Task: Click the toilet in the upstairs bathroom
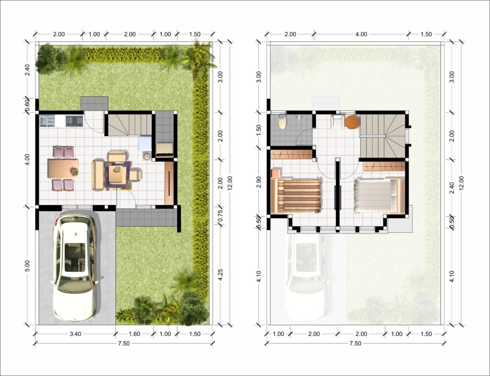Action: [x=282, y=122]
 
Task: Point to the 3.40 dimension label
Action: [x=75, y=334]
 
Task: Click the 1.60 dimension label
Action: [x=134, y=334]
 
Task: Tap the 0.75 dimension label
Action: [x=220, y=215]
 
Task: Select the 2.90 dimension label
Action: [x=259, y=182]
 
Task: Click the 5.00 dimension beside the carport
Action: [x=27, y=266]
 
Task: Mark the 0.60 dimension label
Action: [x=27, y=105]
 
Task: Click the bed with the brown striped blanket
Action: [x=296, y=196]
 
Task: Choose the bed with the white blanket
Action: [x=379, y=196]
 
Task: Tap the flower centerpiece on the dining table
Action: [x=74, y=172]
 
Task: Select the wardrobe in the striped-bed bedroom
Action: [x=291, y=154]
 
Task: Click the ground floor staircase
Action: [x=130, y=125]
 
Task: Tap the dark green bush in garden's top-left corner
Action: [x=49, y=58]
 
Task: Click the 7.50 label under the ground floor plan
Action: [x=123, y=343]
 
